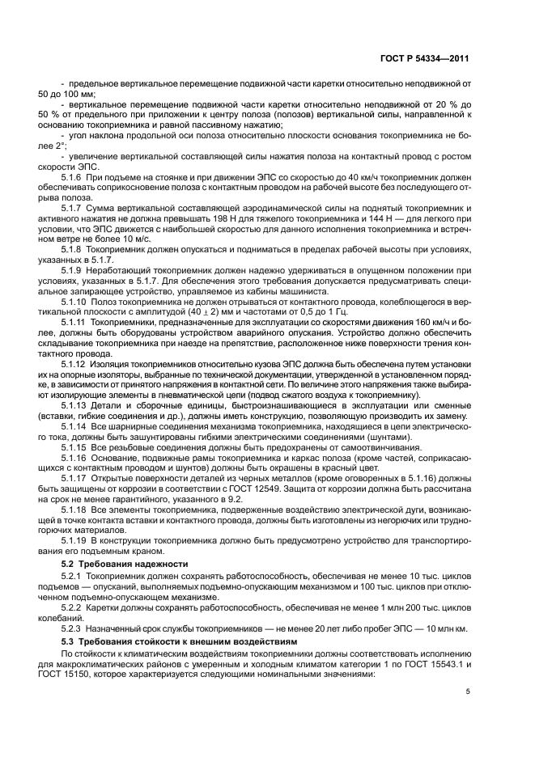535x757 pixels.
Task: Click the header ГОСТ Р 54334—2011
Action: (429, 59)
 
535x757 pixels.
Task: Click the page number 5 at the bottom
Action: (468, 691)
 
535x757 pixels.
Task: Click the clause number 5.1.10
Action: (76, 300)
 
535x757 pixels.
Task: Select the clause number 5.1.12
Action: (76, 364)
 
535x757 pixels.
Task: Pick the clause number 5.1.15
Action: (76, 447)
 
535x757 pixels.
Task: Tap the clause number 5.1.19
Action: (76, 539)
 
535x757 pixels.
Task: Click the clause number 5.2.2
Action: (74, 605)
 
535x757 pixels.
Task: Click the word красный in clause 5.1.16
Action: (333, 469)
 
